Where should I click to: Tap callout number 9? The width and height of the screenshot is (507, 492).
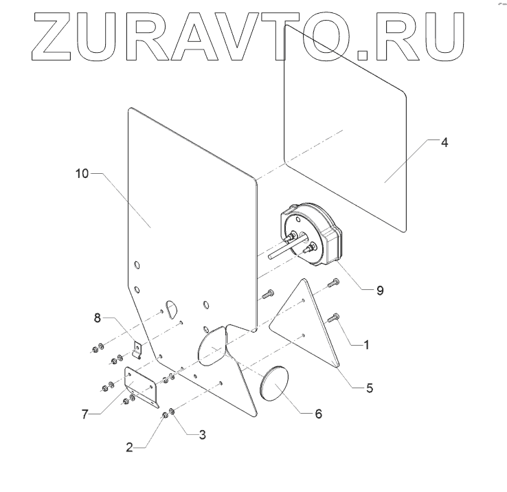click(380, 290)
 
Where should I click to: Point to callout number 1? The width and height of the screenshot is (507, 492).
click(366, 345)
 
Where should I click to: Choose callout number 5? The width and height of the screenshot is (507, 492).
click(369, 388)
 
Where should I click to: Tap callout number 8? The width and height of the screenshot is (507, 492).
click(98, 317)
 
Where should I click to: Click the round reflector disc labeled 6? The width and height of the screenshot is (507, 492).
click(277, 386)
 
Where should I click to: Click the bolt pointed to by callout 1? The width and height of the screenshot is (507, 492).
click(335, 317)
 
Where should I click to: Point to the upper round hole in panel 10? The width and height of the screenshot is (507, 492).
click(137, 265)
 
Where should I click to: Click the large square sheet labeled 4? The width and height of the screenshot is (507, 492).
click(343, 131)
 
